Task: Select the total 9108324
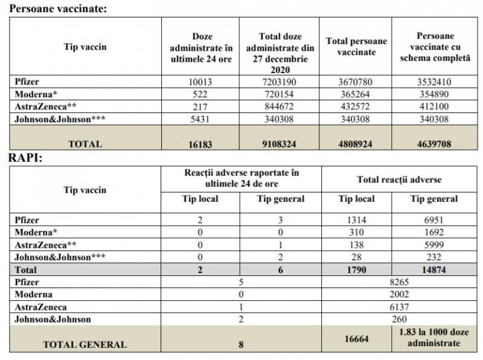point(280,144)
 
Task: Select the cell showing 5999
point(433,245)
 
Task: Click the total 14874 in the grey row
point(433,270)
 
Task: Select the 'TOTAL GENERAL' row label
point(85,345)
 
